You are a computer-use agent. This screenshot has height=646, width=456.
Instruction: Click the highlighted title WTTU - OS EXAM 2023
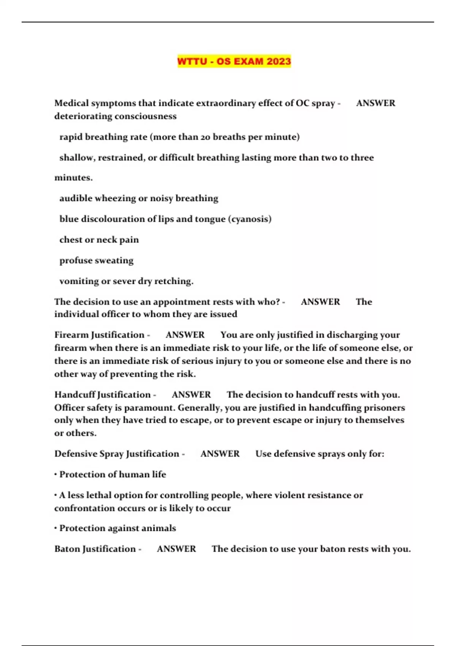pyautogui.click(x=234, y=61)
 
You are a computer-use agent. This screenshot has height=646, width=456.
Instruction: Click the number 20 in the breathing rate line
pyautogui.click(x=205, y=137)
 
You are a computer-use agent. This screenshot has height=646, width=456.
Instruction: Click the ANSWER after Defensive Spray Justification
pyautogui.click(x=220, y=454)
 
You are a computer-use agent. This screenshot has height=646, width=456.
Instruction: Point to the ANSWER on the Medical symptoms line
pyautogui.click(x=376, y=103)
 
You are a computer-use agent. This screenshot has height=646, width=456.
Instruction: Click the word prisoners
pyautogui.click(x=385, y=408)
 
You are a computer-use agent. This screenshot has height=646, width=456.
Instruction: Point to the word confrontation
pyautogui.click(x=78, y=508)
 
